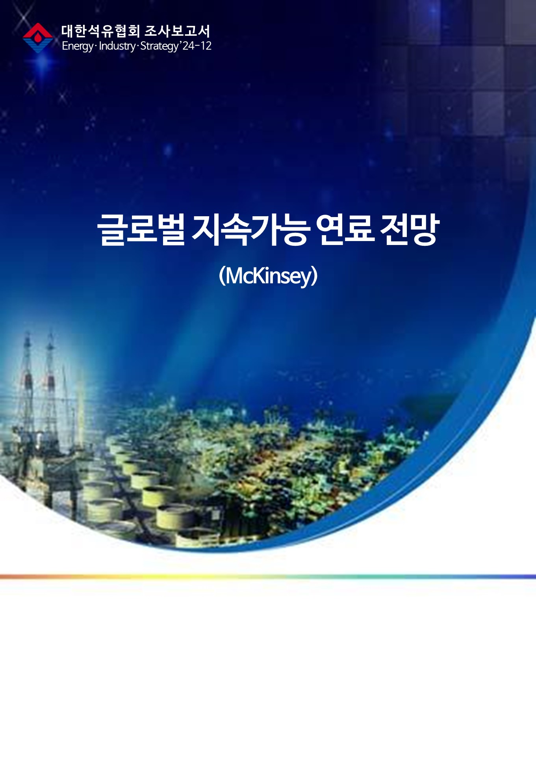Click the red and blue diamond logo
38,38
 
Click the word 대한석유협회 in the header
100,31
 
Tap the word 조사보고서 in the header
177,31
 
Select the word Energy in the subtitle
78,46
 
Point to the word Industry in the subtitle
117,46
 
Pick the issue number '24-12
196,46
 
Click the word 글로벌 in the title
141,230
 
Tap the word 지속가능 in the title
249,230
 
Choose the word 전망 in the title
410,230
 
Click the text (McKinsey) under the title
268,276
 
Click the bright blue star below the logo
43,63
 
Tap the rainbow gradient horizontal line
268,577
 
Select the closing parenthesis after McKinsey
314,276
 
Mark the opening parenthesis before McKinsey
222,276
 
